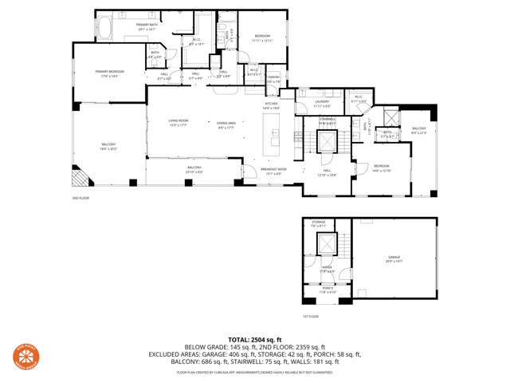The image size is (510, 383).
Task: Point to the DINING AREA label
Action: point(226,124)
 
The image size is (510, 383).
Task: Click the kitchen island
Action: point(275,131)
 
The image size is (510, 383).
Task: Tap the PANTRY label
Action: point(273,79)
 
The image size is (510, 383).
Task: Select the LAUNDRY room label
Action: point(322,103)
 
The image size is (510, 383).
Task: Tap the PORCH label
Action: point(328,290)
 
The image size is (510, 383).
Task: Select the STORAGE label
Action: point(319,223)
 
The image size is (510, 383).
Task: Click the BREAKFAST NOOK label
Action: point(274,171)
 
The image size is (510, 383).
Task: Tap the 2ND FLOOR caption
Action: point(80,197)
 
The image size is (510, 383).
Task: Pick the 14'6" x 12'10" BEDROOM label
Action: point(382,168)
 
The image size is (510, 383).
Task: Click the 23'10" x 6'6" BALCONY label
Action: point(194,169)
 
